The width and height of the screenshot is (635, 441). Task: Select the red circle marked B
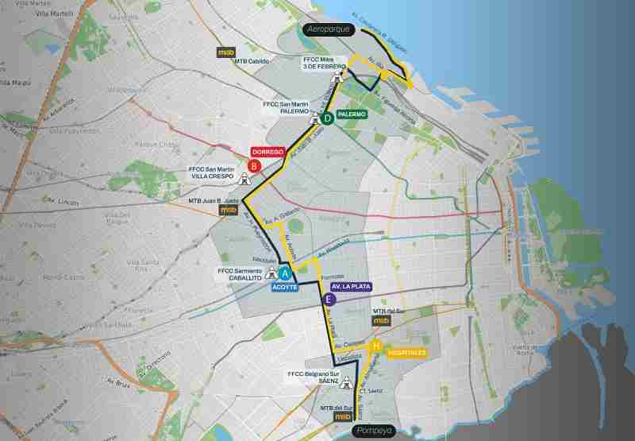click(254, 166)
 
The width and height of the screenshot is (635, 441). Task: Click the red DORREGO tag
click(267, 151)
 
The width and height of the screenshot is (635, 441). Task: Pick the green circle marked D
click(326, 119)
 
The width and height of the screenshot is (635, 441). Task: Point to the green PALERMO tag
click(352, 114)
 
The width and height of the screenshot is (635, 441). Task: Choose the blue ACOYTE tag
click(283, 288)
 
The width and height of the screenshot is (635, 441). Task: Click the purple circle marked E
click(330, 300)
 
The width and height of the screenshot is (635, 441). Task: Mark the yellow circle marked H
click(377, 346)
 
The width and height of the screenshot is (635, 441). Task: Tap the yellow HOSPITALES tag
click(407, 352)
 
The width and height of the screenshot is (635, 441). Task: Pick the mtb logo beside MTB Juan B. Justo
click(229, 210)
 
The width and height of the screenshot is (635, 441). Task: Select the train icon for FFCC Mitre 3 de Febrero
click(339, 77)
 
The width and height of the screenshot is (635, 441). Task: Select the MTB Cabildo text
click(253, 60)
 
